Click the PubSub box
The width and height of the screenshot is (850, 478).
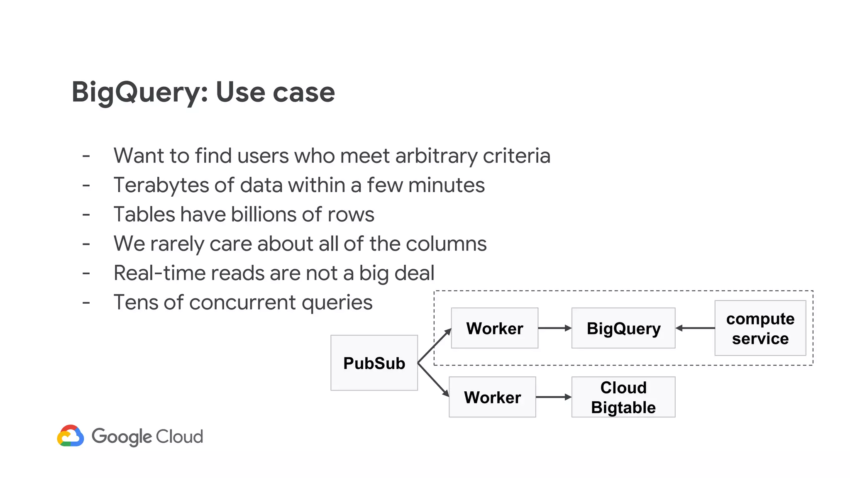point(374,363)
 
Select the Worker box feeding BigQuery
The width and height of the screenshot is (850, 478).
point(494,328)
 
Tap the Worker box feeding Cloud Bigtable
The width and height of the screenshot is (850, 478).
point(492,397)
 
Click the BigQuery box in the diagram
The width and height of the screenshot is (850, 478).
point(623,328)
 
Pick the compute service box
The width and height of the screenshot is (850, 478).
point(760,328)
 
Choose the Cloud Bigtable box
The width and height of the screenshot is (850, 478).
point(623,397)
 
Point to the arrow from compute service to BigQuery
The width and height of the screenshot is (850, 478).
point(695,328)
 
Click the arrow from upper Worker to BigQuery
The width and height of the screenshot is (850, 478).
point(554,328)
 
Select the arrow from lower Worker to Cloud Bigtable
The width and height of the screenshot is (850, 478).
point(553,397)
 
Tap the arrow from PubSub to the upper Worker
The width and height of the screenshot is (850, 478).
point(434,346)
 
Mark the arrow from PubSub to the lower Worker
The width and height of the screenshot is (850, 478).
point(433,380)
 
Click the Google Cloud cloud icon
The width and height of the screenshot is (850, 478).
point(71,436)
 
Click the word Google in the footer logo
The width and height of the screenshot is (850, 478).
point(122,437)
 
